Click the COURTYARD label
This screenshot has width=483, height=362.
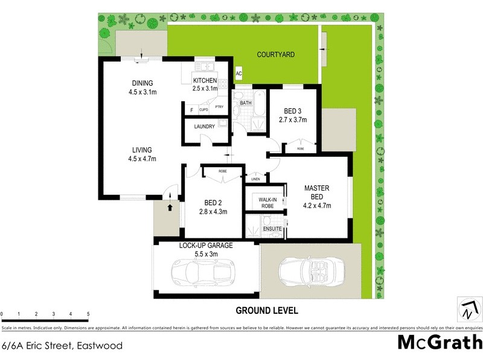tap(275, 55)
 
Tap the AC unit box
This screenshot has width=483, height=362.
tap(238, 74)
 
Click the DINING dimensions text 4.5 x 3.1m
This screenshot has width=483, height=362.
tap(142, 92)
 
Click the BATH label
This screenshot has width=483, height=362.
tap(245, 103)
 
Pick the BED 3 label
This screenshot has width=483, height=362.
tap(292, 111)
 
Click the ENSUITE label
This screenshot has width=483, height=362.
tap(272, 229)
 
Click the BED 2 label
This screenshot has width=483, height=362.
tap(212, 203)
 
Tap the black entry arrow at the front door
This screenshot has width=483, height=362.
tap(170, 208)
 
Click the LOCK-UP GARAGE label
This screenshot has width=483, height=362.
tap(206, 246)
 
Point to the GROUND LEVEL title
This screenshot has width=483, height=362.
tap(266, 311)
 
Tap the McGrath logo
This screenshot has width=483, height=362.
tap(439, 342)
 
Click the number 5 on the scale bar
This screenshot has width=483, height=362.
tap(88, 314)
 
